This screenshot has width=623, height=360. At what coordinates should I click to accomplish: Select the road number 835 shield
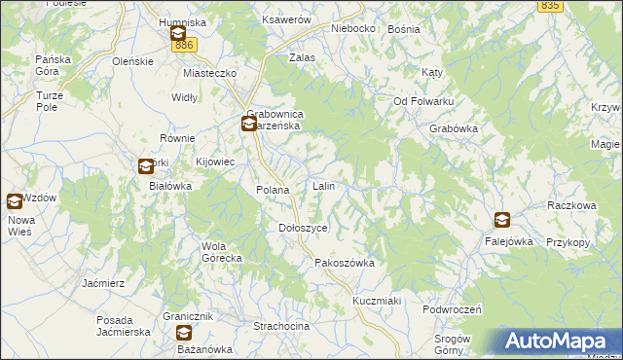pyautogui.click(x=550, y=6)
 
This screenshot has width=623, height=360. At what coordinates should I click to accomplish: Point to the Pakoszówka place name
pyautogui.click(x=344, y=263)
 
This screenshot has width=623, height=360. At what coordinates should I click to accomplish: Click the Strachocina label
pyautogui.click(x=281, y=326)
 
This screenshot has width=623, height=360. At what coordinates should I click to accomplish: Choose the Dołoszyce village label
pyautogui.click(x=303, y=227)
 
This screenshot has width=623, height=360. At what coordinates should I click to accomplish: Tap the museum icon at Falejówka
pyautogui.click(x=501, y=221)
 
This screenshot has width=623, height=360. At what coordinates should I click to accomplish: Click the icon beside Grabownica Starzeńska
pyautogui.click(x=249, y=124)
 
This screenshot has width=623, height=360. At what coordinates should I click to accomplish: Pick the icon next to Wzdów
pyautogui.click(x=15, y=201)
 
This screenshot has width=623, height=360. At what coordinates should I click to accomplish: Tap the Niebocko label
pyautogui.click(x=352, y=28)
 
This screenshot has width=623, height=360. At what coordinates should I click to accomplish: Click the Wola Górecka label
pyautogui.click(x=221, y=252)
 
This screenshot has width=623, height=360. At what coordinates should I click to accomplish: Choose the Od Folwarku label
pyautogui.click(x=423, y=101)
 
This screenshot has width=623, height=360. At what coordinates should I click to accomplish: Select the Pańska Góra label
pyautogui.click(x=53, y=65)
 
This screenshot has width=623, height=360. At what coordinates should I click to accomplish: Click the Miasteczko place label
pyautogui.click(x=210, y=73)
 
